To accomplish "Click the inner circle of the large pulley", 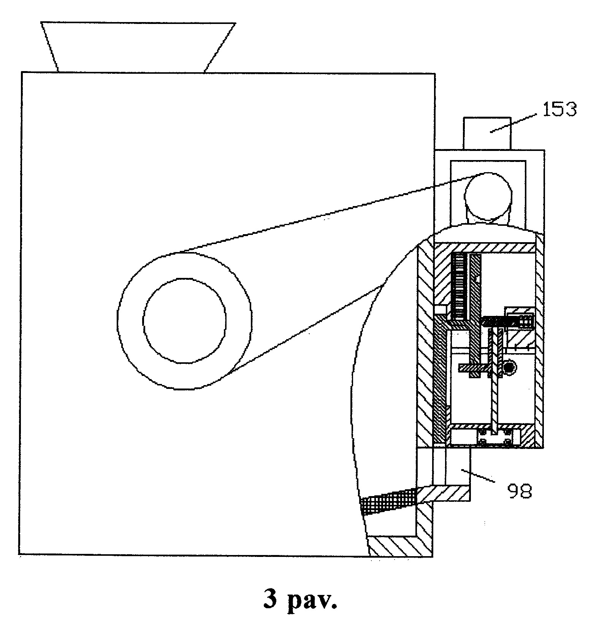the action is click(x=185, y=320).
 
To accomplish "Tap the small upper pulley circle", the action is click(x=488, y=196).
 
